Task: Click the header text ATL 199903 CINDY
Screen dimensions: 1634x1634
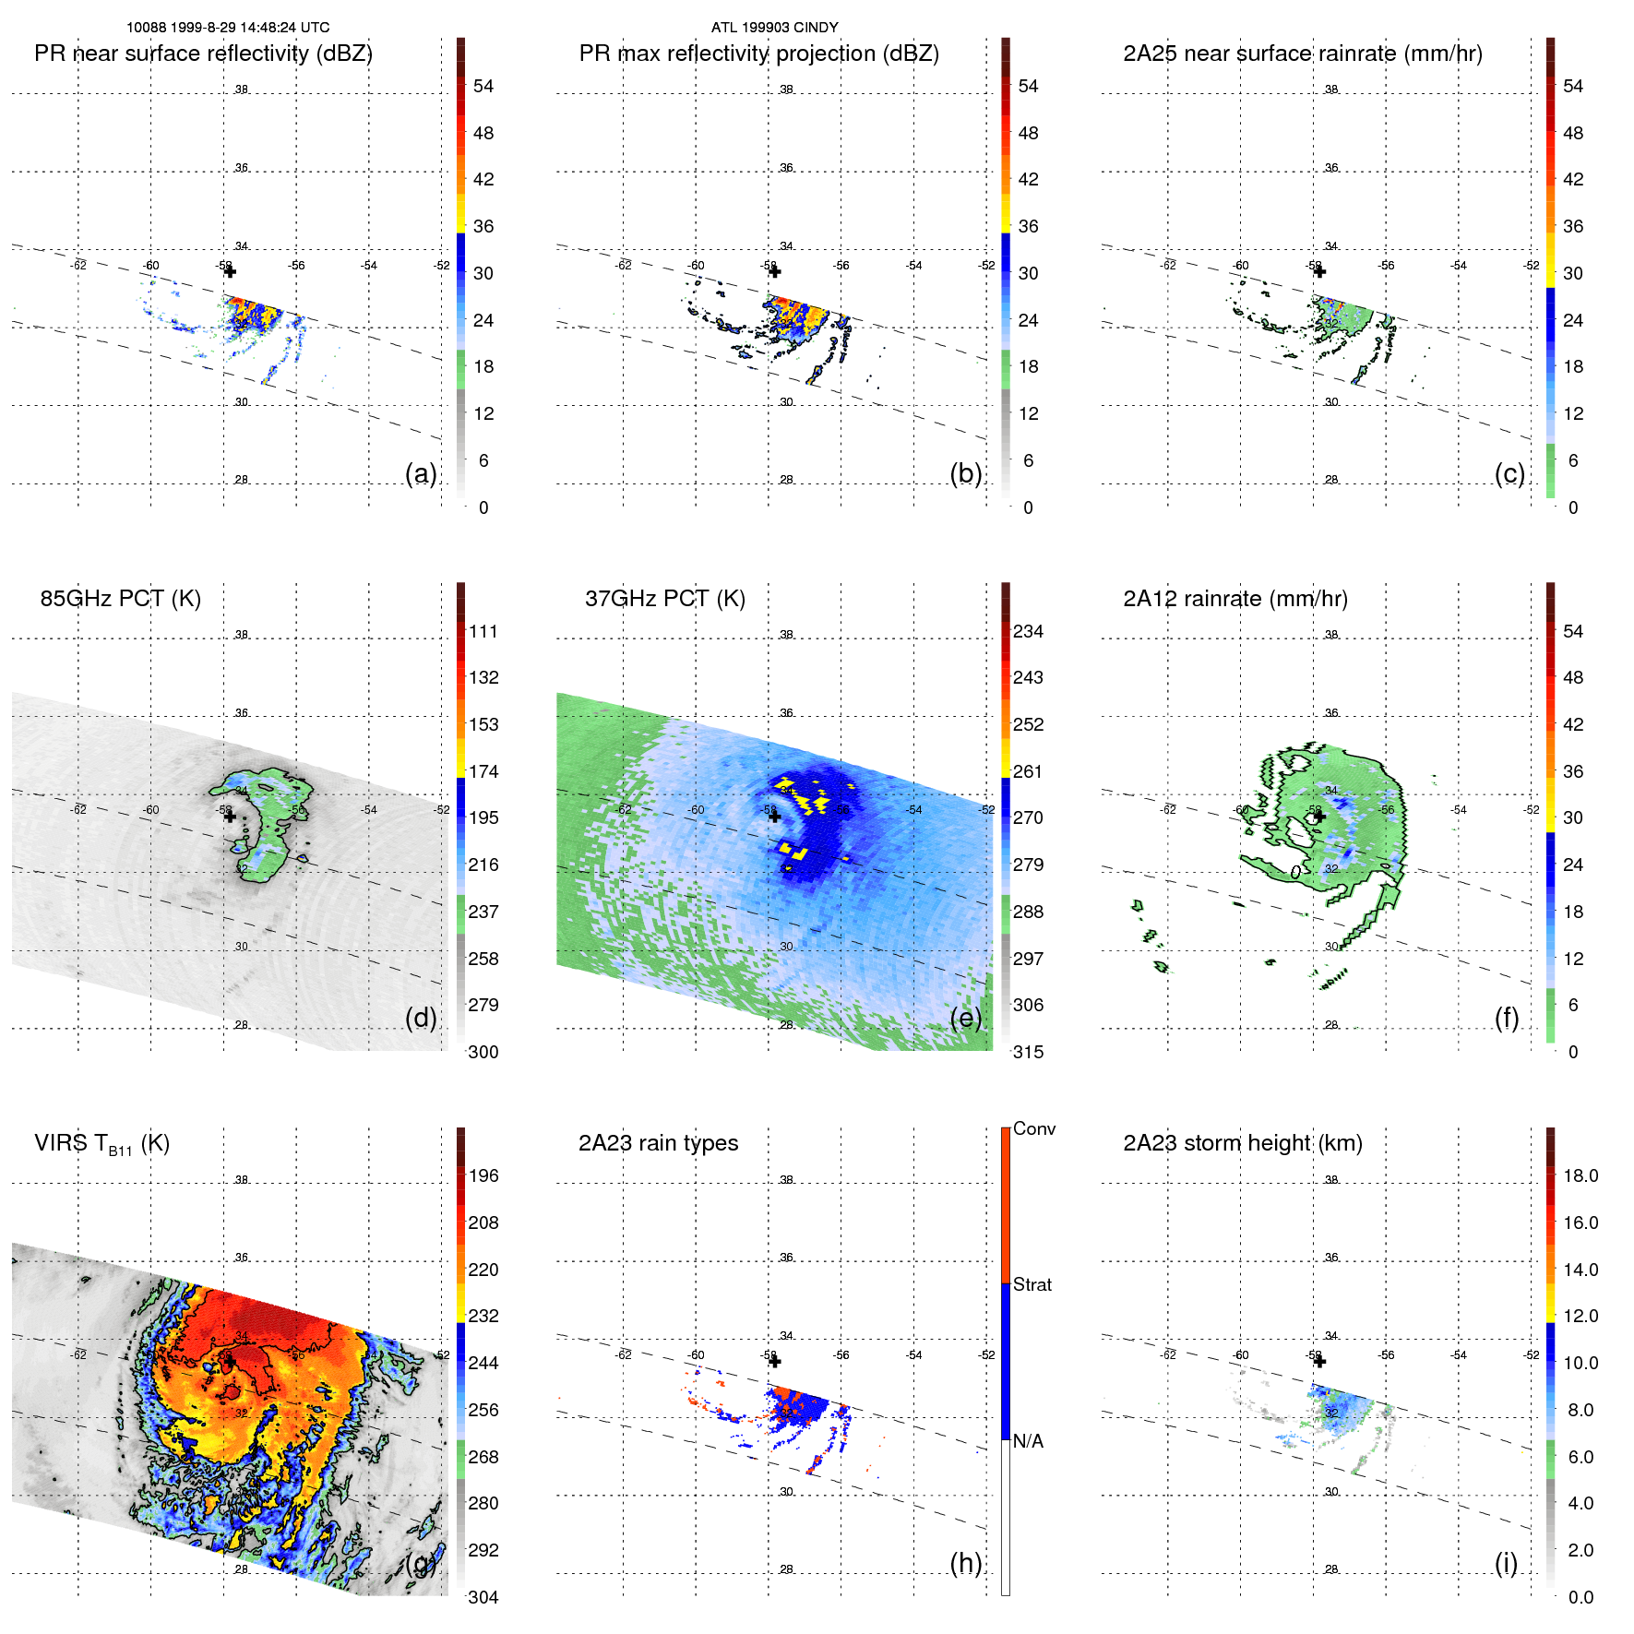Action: tap(774, 28)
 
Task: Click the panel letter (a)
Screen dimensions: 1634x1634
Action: tap(421, 473)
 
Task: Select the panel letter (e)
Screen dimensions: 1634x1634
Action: tap(966, 1018)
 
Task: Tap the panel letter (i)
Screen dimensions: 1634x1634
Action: tap(1506, 1563)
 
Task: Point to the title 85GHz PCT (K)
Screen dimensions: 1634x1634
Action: tap(120, 599)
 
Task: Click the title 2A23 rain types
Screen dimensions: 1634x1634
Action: tap(658, 1143)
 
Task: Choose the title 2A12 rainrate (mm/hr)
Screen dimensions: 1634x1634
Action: tap(1234, 599)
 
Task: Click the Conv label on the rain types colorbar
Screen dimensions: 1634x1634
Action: tap(1033, 1128)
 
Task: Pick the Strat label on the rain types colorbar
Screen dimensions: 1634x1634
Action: tap(1032, 1284)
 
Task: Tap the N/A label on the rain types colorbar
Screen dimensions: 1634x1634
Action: tap(1029, 1441)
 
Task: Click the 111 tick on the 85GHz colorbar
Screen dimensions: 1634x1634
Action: tap(483, 631)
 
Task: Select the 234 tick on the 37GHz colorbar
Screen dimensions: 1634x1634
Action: tap(1028, 631)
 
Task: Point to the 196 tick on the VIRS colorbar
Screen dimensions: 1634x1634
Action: tap(483, 1175)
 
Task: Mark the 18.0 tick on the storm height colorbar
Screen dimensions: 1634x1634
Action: tap(1580, 1175)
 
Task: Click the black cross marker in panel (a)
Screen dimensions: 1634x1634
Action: tap(230, 271)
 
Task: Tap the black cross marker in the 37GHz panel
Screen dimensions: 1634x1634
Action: tap(774, 817)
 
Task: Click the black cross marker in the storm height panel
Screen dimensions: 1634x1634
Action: tap(1319, 1361)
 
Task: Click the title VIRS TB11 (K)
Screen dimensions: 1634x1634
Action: tap(101, 1144)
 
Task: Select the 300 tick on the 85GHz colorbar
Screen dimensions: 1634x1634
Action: tap(483, 1052)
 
